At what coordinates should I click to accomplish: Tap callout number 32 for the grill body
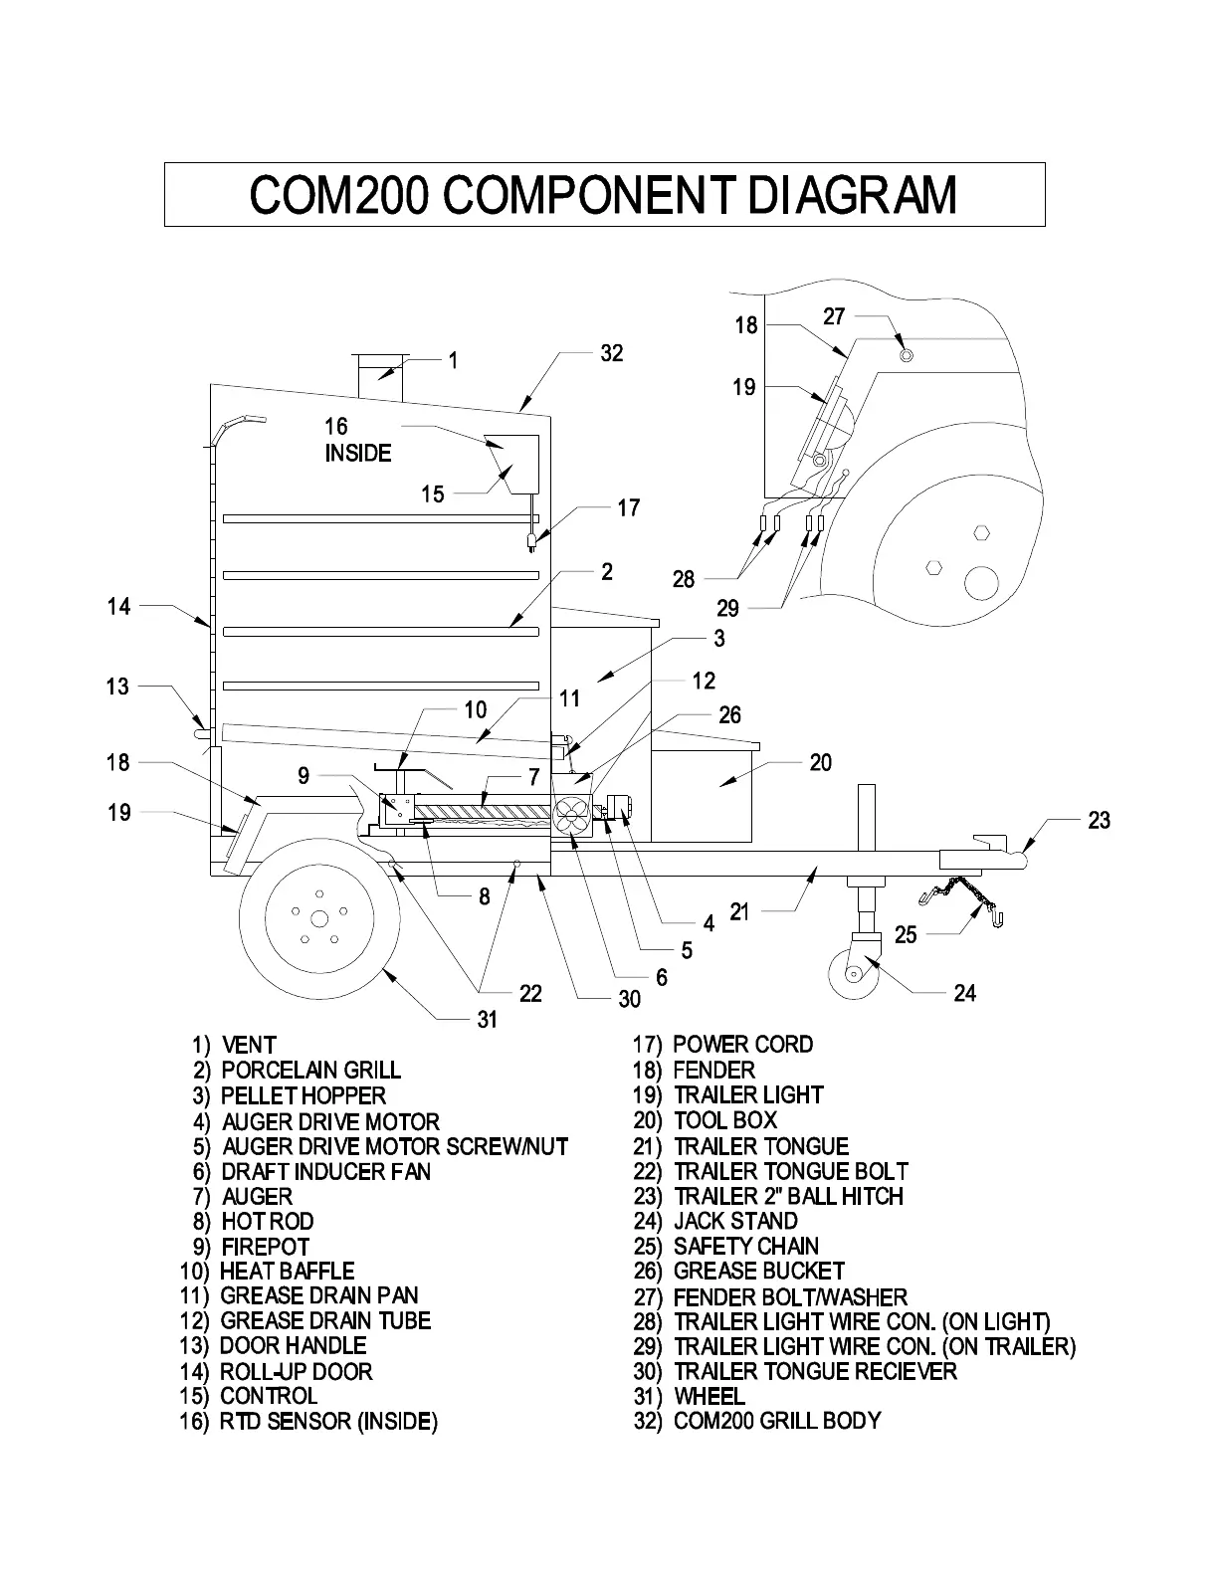click(x=611, y=353)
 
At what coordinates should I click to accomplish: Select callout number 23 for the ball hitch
click(x=1099, y=820)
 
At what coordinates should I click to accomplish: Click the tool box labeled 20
click(x=702, y=791)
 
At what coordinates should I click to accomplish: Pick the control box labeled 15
click(x=510, y=464)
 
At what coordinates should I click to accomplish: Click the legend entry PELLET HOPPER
click(x=303, y=1095)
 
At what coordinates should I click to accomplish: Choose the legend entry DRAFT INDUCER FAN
click(x=325, y=1171)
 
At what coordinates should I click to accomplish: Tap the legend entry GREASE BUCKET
click(x=758, y=1271)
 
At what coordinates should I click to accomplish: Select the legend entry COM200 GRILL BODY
click(x=776, y=1420)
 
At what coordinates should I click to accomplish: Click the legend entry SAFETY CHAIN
click(x=745, y=1246)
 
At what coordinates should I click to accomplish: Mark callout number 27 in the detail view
click(x=834, y=316)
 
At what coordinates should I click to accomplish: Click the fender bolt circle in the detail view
click(x=906, y=355)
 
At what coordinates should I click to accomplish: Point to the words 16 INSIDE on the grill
click(x=357, y=440)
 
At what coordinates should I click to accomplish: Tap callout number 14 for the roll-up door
click(x=118, y=605)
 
